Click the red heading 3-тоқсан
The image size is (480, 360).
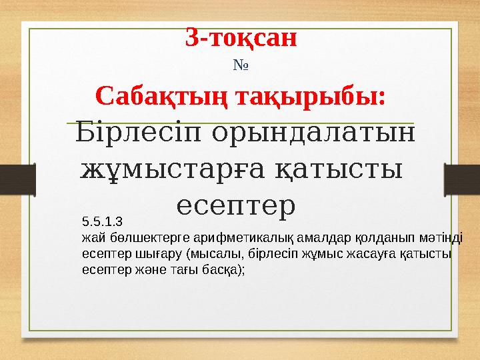(241, 38)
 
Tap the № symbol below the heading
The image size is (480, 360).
(240, 66)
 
